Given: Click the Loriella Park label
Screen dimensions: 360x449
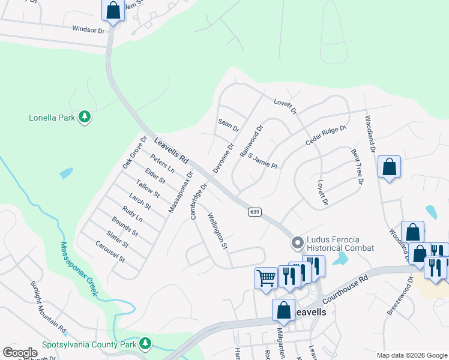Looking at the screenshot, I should pos(52,118).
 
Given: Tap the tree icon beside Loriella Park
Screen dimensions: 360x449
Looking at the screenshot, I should pos(85,117).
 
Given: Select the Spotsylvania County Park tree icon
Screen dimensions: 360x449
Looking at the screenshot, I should pos(145,344).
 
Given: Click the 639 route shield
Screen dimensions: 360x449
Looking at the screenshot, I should pos(255,212).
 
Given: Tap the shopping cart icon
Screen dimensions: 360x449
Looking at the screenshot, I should pos(265,277).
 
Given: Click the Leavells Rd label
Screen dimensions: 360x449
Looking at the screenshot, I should pos(172,152).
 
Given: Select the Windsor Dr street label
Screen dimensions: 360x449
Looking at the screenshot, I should pos(88,29).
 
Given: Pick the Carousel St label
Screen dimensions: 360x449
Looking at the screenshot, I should pos(110,252).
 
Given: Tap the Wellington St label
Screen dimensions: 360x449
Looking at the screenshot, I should pos(218,231).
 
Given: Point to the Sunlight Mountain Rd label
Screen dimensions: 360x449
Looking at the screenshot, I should pos(48,307).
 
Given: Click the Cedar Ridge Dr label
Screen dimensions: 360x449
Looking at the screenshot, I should pos(326,136).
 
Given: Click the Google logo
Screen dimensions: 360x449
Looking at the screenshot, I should pos(20,352).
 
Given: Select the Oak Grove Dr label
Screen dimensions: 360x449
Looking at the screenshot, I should pos(134,152).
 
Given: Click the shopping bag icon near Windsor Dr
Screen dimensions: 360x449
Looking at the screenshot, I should pos(112,10).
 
